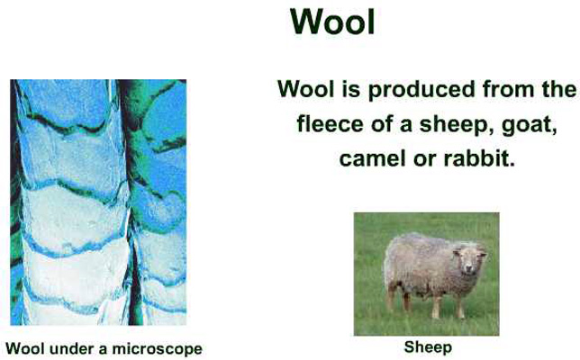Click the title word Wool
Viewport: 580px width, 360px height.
pos(332,22)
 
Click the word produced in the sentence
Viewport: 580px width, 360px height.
pos(421,90)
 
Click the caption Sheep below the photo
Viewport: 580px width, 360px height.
pos(428,347)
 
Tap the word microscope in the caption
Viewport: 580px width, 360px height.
pos(158,349)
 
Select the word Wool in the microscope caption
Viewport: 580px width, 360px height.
pos(25,348)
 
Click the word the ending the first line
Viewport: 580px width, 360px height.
pos(557,90)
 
